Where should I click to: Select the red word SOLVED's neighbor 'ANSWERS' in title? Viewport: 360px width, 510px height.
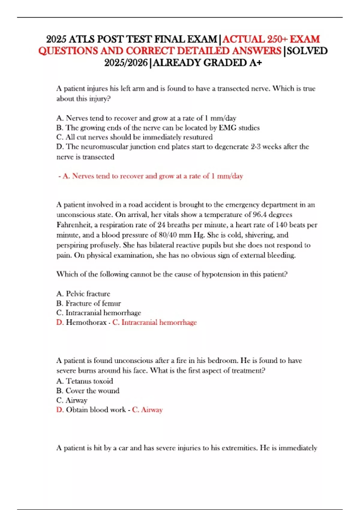click(x=256, y=51)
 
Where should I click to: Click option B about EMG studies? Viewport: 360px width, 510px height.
click(x=158, y=128)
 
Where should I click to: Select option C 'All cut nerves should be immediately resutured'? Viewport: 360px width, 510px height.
click(x=134, y=137)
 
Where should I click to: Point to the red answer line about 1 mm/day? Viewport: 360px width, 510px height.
click(x=151, y=176)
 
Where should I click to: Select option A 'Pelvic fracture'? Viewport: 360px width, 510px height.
click(x=83, y=294)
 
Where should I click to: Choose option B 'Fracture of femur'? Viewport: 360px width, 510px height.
click(x=88, y=303)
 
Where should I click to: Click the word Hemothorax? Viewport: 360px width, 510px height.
click(x=86, y=322)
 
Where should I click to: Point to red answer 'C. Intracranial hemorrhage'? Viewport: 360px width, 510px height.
click(x=154, y=322)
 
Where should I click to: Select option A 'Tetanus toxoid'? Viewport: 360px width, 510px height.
click(x=85, y=381)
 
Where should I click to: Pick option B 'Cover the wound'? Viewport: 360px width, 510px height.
click(x=88, y=391)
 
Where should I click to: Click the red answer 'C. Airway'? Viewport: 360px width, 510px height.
click(x=147, y=410)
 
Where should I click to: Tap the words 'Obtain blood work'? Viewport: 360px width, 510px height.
click(x=96, y=410)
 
